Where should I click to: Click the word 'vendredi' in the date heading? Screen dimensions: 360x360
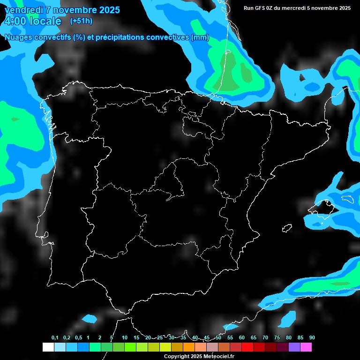coord(24,10)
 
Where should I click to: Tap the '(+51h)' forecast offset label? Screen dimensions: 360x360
coord(81,21)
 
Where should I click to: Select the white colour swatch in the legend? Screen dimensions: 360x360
coord(48,347)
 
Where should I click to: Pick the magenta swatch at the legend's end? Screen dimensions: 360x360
coord(306,347)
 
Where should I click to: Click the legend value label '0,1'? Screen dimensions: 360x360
coord(55,338)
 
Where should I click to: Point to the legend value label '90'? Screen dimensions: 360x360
coord(312,338)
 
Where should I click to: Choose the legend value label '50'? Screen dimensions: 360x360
coord(218,338)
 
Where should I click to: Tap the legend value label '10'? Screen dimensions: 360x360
coord(125,338)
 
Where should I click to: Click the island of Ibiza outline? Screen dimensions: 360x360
coord(287,228)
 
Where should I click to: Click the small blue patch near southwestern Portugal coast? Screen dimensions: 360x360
coord(89,319)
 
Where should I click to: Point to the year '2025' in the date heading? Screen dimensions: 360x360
coord(109,10)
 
